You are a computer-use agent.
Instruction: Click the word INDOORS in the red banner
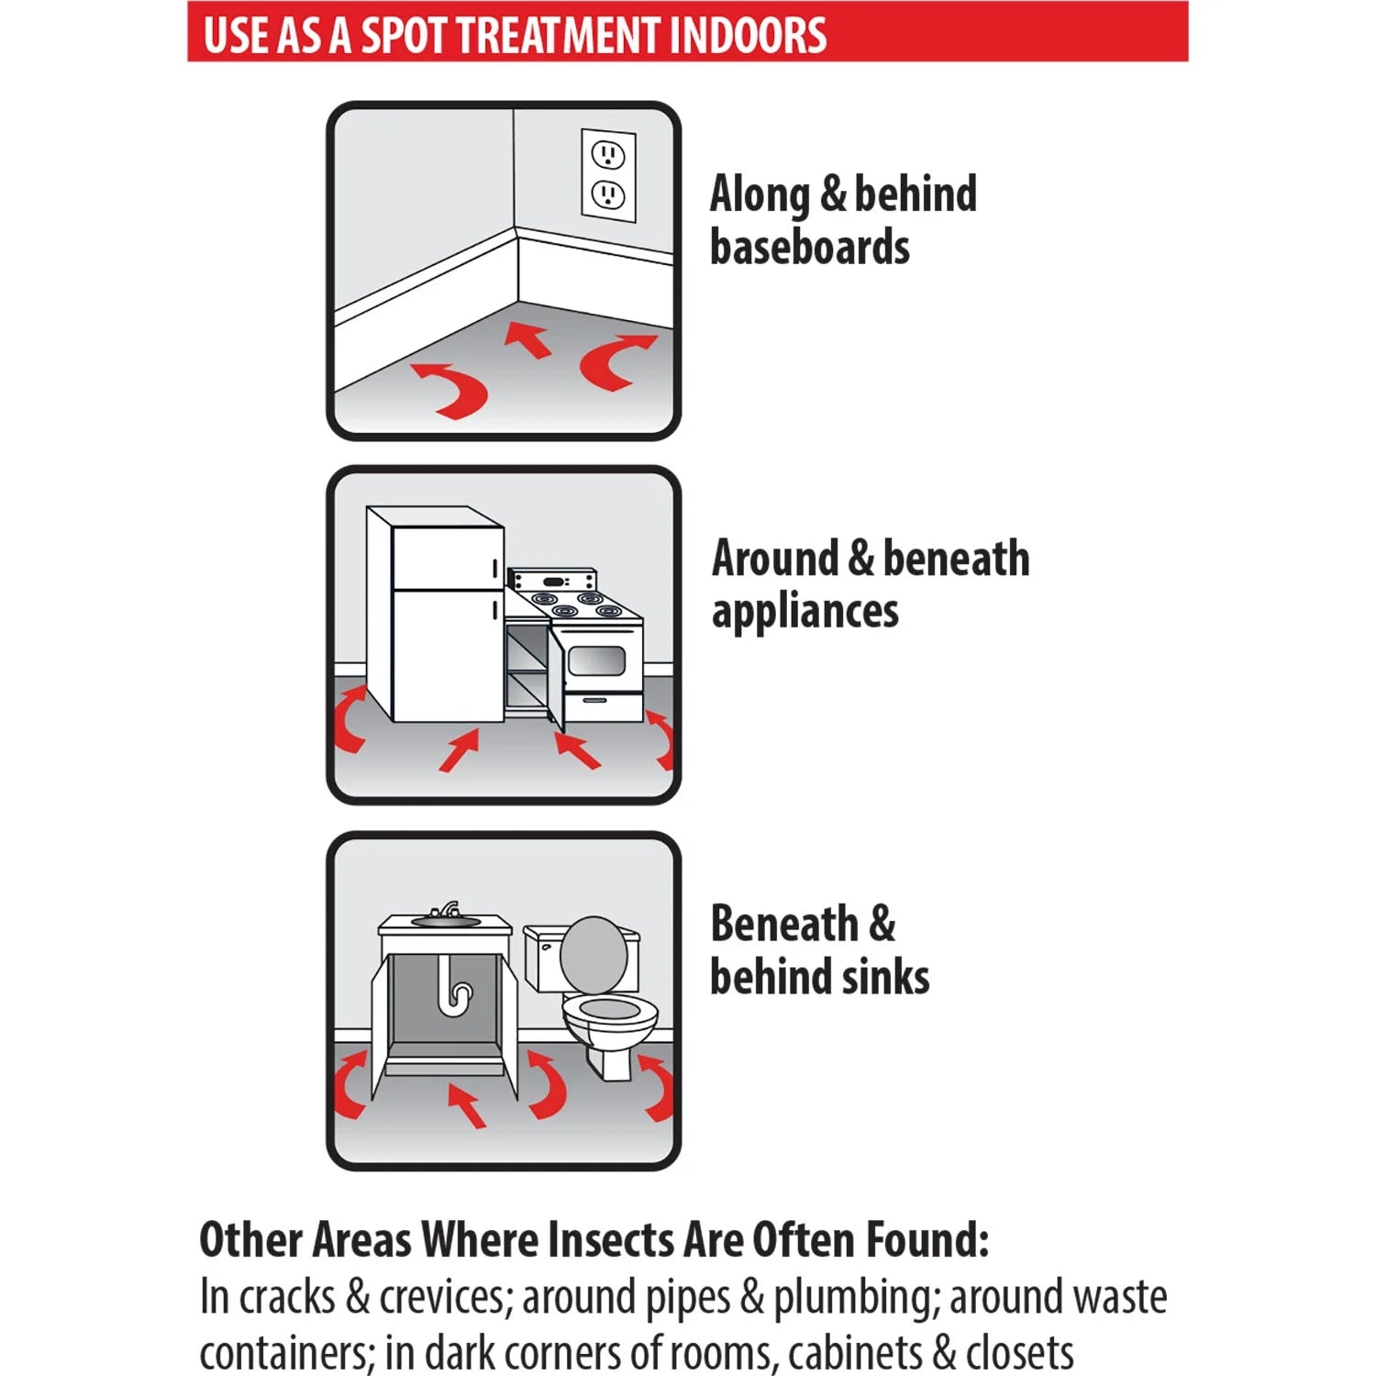pyautogui.click(x=748, y=34)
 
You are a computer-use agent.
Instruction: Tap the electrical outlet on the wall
pyautogui.click(x=608, y=174)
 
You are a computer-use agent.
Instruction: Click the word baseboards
pyautogui.click(x=810, y=248)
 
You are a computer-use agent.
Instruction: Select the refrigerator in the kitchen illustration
pyautogui.click(x=435, y=613)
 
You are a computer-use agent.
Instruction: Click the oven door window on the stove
pyautogui.click(x=596, y=660)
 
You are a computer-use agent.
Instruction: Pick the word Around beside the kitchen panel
pyautogui.click(x=775, y=559)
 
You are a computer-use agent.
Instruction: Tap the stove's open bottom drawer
pyautogui.click(x=603, y=707)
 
